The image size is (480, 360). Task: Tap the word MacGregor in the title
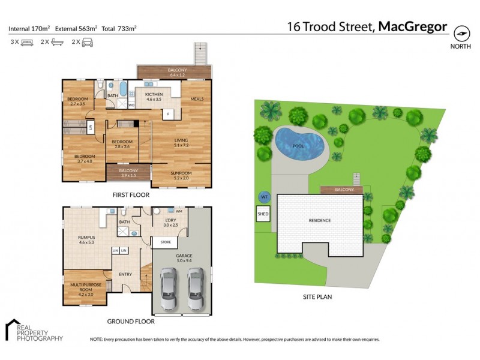pyautogui.click(x=414, y=26)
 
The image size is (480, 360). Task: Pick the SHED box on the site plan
pyautogui.click(x=263, y=214)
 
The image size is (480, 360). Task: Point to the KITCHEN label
pyautogui.click(x=154, y=95)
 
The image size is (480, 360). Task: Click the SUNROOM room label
pyautogui.click(x=181, y=174)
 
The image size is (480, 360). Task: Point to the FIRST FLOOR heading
pyautogui.click(x=130, y=195)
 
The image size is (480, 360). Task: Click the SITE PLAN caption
pyautogui.click(x=317, y=296)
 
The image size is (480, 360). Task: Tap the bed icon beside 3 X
pyautogui.click(x=26, y=42)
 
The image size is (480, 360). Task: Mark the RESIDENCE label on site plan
pyautogui.click(x=319, y=220)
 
